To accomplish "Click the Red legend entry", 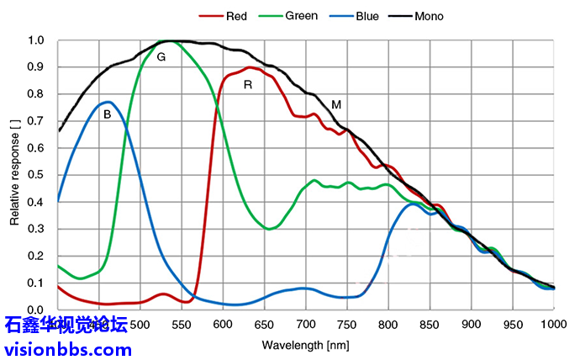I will coord(236,16).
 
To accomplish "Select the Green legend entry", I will coord(301,16).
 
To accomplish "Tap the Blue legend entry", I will coord(366,16).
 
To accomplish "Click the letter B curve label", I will coord(107,114).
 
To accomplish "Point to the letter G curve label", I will coord(161,57).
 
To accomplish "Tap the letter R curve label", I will coord(248,85).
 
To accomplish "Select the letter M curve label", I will coord(336,105).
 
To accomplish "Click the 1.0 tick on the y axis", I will coord(35,40).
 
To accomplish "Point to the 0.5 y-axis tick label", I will coord(35,175).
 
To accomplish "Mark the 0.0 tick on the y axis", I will coord(35,310).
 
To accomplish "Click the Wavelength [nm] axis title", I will coord(304,345).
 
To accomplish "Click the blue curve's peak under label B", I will coord(108,102).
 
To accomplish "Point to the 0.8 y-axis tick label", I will coord(35,94).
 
